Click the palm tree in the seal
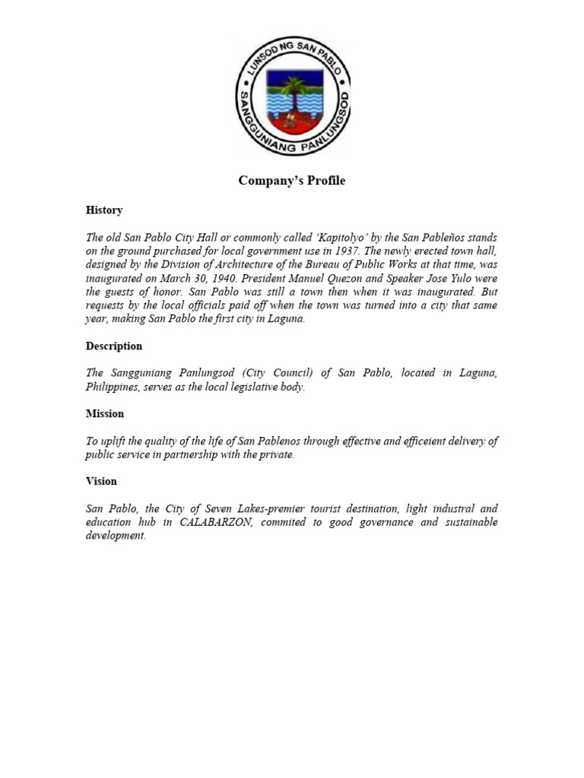(x=291, y=94)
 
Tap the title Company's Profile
(x=291, y=181)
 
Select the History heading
(x=103, y=210)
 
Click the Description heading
(x=113, y=346)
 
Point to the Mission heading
(x=104, y=413)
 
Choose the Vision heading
(x=101, y=481)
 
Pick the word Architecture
(x=253, y=265)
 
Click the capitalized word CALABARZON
(x=216, y=522)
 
